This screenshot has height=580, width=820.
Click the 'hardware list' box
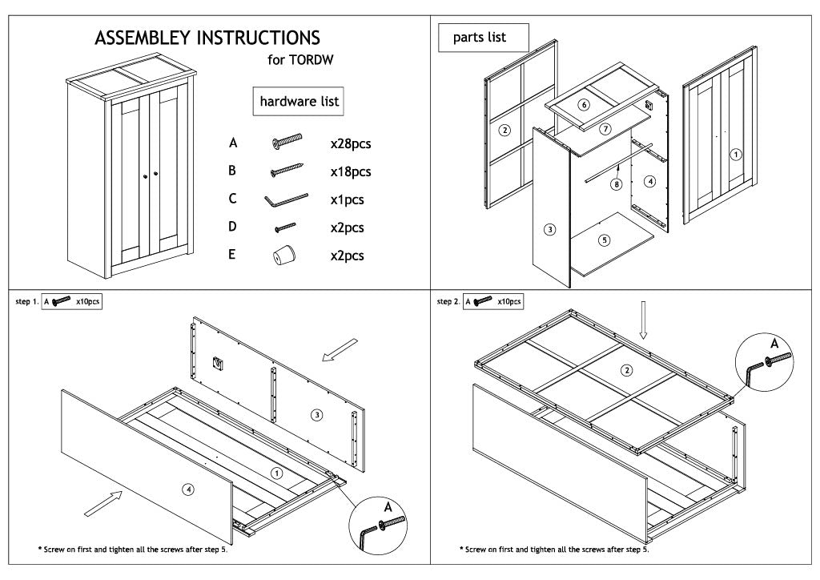(299, 102)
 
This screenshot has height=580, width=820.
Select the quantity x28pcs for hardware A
(351, 144)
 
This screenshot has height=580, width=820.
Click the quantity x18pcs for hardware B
(351, 172)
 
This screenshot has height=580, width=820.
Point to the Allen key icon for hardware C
(286, 199)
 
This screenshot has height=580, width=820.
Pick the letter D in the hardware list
(233, 227)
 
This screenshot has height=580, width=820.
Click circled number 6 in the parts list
(584, 105)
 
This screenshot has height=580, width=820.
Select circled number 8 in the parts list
(616, 184)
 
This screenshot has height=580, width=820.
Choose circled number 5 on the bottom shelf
(605, 239)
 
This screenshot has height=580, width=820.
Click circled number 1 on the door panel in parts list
(737, 154)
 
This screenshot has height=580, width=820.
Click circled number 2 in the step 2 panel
(626, 369)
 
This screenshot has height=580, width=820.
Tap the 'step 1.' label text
(26, 302)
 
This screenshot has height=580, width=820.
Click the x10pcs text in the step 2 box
(509, 301)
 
